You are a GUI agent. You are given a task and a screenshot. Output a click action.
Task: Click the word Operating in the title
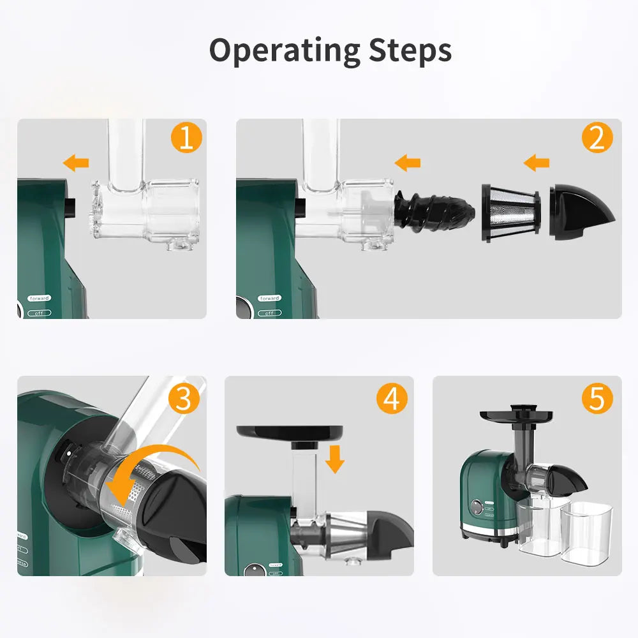coord(285,51)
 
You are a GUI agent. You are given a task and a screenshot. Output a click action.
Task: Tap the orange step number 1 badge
coord(186,138)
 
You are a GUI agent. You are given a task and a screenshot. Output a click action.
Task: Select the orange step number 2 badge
coord(597,138)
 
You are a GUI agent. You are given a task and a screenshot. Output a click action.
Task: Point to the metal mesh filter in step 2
coord(510,212)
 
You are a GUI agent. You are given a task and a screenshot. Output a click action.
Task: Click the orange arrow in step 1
coord(77,163)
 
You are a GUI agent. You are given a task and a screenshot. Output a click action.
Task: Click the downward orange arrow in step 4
coord(335,459)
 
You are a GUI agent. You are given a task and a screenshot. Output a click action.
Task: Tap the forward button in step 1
coord(39,298)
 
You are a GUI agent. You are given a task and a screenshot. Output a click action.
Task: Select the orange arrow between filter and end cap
coord(537,163)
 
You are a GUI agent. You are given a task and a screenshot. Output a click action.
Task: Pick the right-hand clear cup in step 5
coord(586,533)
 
